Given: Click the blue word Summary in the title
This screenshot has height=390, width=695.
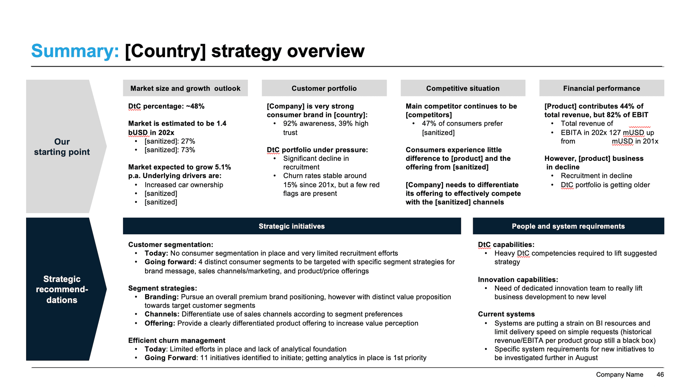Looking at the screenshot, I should pos(75,51).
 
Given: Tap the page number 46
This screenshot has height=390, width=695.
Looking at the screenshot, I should pos(660,375).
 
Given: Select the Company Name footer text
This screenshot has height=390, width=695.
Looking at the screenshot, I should pos(619,375).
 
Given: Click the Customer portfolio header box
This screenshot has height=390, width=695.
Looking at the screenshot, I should pos(324,88).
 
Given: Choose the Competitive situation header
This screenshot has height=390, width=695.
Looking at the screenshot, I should pos(463,88).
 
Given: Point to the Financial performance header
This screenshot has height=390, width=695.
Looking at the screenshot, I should pos(601,88).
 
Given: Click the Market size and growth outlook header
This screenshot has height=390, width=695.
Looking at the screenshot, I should pos(185,88).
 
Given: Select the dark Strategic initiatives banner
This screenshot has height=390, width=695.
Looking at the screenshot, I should pos(292,226).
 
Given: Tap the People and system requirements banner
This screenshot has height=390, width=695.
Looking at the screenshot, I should pos(568,226).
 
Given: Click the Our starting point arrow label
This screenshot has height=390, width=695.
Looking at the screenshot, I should pos(62,147).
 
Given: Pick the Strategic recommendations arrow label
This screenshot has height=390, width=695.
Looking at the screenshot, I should pos(62,289).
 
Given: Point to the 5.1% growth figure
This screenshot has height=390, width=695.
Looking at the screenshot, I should pos(223,167).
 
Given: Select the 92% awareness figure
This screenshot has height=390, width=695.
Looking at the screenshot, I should pos(290,124).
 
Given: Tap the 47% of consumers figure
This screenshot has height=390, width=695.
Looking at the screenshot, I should pos(429,124).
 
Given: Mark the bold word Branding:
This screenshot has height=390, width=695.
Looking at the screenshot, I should pos(161,297).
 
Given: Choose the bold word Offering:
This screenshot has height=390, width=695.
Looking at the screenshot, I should pos(160,323).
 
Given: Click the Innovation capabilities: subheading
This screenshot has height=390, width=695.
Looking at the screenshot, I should pos(518,280).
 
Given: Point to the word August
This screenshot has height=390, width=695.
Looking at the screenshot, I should pos(586,358).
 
